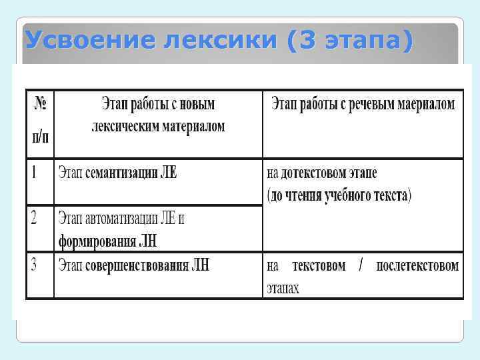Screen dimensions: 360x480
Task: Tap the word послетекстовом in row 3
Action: point(417,266)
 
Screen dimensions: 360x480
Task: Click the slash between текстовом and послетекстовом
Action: point(361,266)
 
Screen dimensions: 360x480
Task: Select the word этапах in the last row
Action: point(283,289)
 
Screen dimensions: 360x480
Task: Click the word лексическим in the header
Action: point(123,126)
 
